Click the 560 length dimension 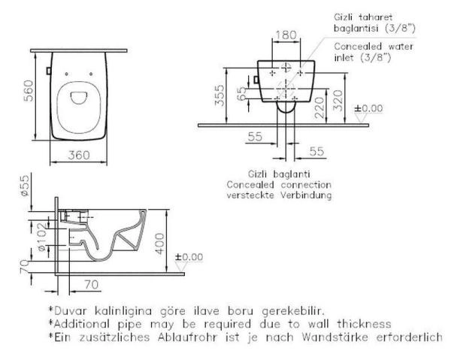pos(29,91)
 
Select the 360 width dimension pos(79,156)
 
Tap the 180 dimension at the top pos(286,35)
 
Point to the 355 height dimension pos(219,95)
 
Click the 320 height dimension pos(338,101)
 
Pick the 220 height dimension pos(319,107)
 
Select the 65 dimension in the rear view pos(241,94)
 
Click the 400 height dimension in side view pos(159,244)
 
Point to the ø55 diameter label pos(25,186)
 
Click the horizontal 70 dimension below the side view pos(92,285)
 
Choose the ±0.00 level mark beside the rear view pos(368,108)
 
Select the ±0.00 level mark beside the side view pos(189,257)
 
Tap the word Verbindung pos(306,195)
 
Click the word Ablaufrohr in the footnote pos(186,337)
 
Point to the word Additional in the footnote pos(81,324)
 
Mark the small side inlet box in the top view pos(49,71)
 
